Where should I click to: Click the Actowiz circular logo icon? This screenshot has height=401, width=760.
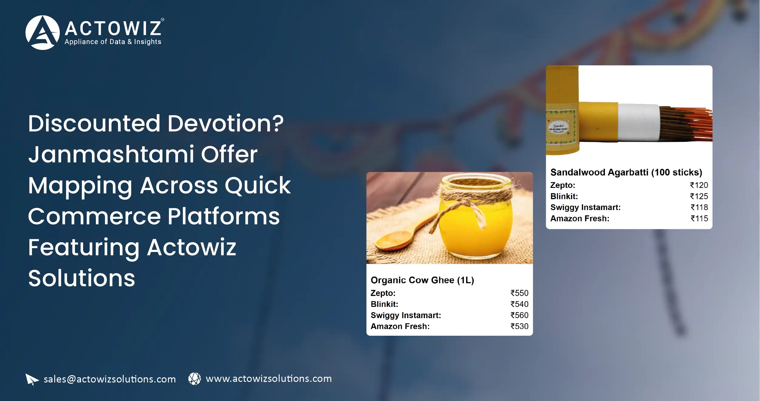coord(42,32)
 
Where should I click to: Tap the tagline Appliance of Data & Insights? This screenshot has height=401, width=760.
coord(113,42)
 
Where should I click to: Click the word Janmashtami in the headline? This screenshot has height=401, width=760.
coord(111,154)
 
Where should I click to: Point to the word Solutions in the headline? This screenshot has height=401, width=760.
coord(82,278)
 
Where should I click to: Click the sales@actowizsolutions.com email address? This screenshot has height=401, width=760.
coord(110,379)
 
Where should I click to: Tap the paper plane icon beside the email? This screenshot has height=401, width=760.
coord(32,379)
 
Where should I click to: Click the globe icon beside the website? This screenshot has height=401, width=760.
coord(194,379)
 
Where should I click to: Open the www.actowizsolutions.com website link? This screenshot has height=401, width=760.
coord(269,379)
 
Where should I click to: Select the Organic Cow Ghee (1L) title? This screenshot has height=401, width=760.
coord(422,280)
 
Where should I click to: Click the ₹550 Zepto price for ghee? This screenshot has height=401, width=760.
coord(519,293)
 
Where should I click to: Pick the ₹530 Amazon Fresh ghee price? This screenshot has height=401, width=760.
coord(519,326)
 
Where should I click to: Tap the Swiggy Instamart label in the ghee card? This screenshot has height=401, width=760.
coord(406,315)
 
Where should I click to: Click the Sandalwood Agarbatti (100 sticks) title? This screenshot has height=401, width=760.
coord(626,172)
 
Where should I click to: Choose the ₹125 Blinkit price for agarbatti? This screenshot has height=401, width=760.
coord(699,196)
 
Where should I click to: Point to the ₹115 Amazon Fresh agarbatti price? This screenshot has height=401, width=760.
coord(699,219)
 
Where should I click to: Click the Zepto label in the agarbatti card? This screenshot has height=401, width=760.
coord(562,185)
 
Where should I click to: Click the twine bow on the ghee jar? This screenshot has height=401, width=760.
coord(469,209)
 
